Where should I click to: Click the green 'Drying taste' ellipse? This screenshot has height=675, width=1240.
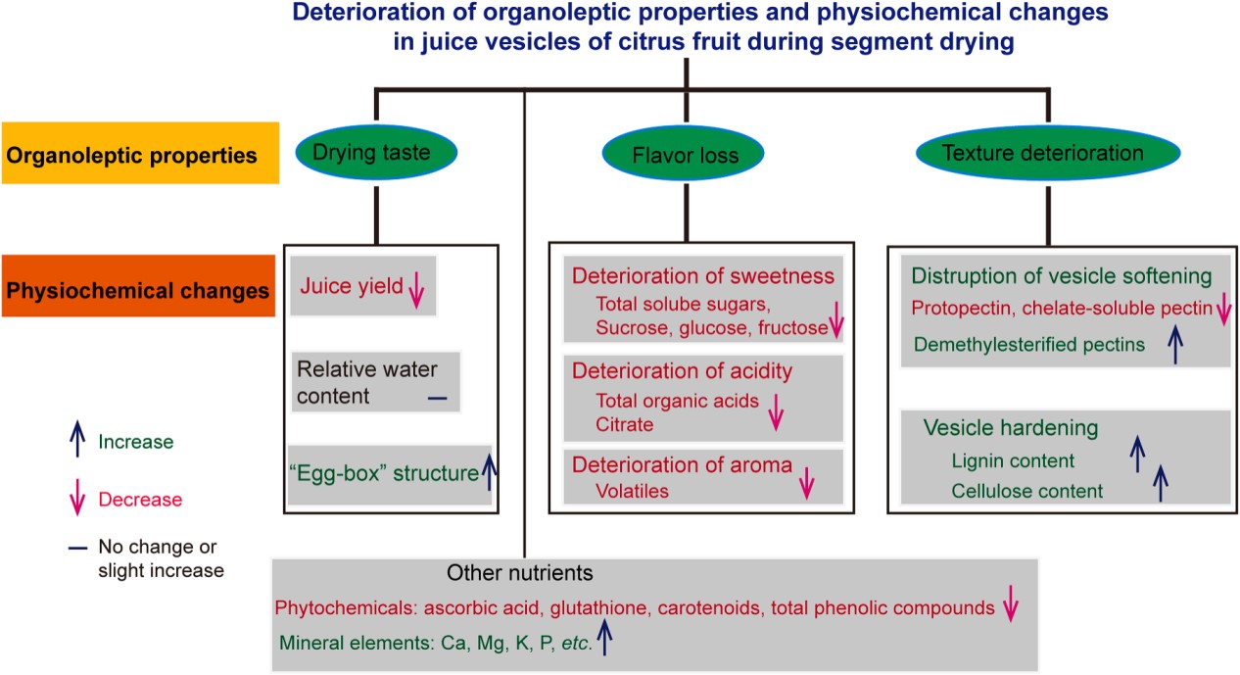(x=377, y=152)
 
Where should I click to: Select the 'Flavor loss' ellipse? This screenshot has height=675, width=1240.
(x=684, y=154)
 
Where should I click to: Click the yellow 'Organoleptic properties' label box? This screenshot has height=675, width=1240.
(x=140, y=154)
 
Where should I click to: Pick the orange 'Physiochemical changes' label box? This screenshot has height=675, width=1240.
(x=136, y=290)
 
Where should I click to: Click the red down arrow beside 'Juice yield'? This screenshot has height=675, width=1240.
(x=415, y=290)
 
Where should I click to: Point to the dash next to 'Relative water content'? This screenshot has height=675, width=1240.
(x=436, y=397)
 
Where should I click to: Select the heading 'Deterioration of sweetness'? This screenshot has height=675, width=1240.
(x=703, y=275)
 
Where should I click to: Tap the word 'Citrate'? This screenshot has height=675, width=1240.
(x=625, y=424)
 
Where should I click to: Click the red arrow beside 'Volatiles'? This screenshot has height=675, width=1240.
(x=807, y=483)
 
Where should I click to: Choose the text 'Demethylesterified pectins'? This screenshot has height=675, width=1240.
(x=1016, y=344)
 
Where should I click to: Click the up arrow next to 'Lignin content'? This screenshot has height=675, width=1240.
(x=1136, y=455)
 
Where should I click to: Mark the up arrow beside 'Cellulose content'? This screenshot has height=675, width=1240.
(x=1162, y=483)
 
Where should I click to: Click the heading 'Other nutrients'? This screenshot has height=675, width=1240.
(x=519, y=572)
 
